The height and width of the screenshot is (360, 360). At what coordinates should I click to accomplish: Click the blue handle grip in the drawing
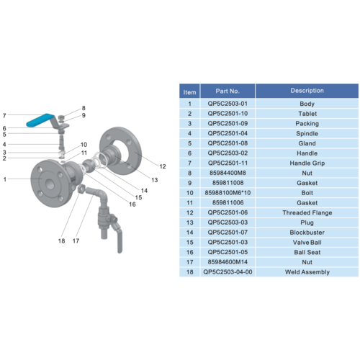click(x=40, y=120)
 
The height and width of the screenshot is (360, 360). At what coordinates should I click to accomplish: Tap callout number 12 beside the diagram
click(x=163, y=166)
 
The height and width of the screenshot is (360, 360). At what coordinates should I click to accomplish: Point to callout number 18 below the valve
click(x=61, y=240)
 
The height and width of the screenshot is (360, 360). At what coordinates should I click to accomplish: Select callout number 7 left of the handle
click(x=4, y=116)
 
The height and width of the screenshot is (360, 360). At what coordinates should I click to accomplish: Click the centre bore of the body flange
click(x=50, y=184)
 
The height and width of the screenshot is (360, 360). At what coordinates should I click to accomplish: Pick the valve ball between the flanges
click(x=89, y=166)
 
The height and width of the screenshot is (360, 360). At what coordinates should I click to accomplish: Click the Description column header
click(x=307, y=91)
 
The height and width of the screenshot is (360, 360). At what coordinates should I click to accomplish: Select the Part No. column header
click(x=228, y=91)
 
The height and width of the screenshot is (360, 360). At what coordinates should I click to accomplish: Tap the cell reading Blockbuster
click(x=307, y=233)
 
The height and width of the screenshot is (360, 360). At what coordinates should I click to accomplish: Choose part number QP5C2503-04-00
click(x=228, y=272)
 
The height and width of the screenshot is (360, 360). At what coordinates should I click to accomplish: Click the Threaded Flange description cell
click(x=307, y=212)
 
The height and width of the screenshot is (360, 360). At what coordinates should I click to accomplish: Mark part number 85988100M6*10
click(x=228, y=193)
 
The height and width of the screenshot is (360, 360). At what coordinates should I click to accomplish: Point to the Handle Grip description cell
click(x=307, y=163)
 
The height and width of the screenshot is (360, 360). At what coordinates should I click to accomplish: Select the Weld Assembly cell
click(x=307, y=272)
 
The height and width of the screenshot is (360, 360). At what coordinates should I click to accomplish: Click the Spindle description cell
click(x=307, y=133)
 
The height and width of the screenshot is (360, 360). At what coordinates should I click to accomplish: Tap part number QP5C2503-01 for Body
click(x=228, y=104)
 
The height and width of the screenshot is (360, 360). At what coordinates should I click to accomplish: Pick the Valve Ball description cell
click(x=307, y=243)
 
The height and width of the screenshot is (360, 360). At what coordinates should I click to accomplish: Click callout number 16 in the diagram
click(x=132, y=204)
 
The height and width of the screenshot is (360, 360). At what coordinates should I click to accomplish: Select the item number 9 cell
click(x=189, y=183)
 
